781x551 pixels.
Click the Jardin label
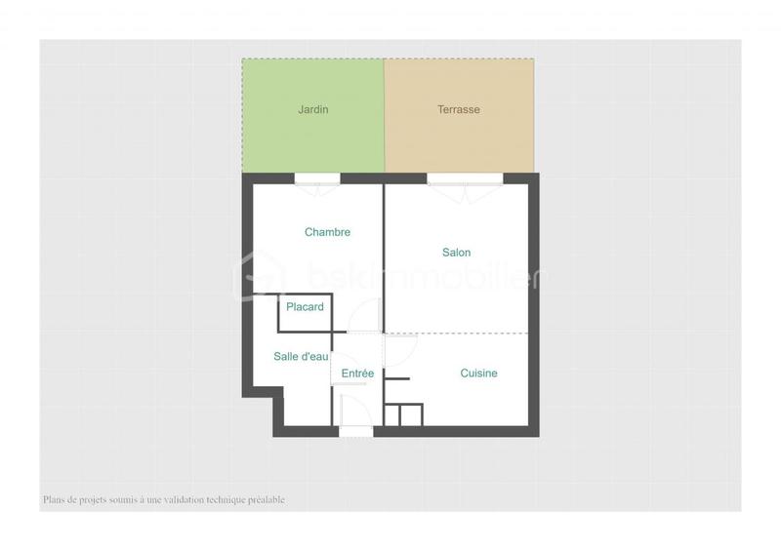pyautogui.click(x=312, y=110)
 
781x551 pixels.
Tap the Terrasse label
pyautogui.click(x=458, y=110)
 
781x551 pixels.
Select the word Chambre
pyautogui.click(x=327, y=232)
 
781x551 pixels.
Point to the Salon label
pyautogui.click(x=456, y=253)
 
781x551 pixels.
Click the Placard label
pyautogui.click(x=305, y=307)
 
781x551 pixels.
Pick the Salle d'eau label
pyautogui.click(x=301, y=357)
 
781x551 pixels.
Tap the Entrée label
pyautogui.click(x=358, y=374)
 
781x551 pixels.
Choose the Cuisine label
pyautogui.click(x=478, y=374)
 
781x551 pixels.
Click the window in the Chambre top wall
pyautogui.click(x=317, y=177)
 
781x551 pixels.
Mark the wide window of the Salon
pyautogui.click(x=465, y=177)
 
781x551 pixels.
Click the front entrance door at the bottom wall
pyautogui.click(x=355, y=430)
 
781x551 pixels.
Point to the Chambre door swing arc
pyautogui.click(x=369, y=314)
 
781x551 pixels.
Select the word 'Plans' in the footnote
pyautogui.click(x=54, y=500)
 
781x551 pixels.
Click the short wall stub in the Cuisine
pyautogui.click(x=396, y=377)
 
